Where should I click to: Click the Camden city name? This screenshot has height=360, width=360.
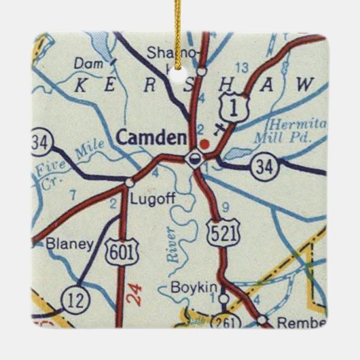pyautogui.click(x=151, y=138)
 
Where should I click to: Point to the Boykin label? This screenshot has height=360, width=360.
pyautogui.click(x=196, y=287)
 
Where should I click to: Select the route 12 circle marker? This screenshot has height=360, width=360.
pyautogui.click(x=73, y=298)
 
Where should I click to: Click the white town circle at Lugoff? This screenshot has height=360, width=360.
pyautogui.click(x=129, y=182)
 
